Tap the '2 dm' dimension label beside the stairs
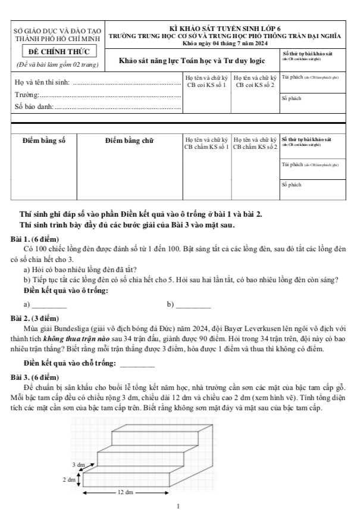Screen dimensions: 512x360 click(x=70, y=478)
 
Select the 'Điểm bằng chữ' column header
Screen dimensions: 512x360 click(x=129, y=141)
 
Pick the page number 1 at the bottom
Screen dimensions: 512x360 click(x=179, y=507)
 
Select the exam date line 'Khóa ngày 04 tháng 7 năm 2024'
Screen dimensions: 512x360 click(x=225, y=43)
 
